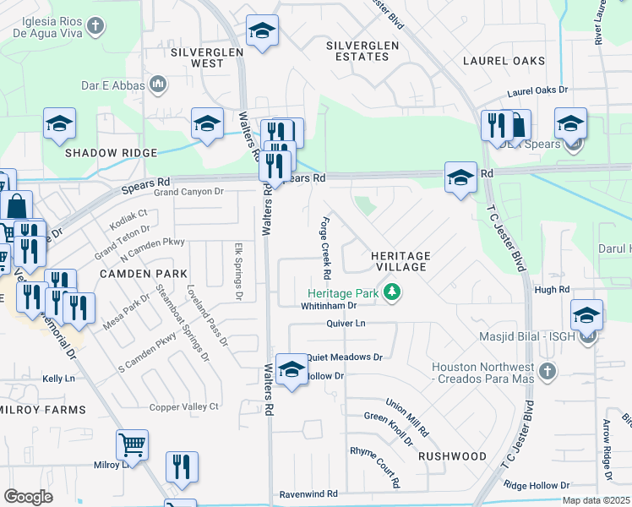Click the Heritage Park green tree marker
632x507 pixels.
[x=391, y=292]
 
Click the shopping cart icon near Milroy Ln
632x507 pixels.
[x=132, y=444]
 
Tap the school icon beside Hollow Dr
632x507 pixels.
[x=291, y=369]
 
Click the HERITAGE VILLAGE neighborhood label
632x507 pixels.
[x=401, y=260]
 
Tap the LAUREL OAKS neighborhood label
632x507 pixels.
[x=504, y=61]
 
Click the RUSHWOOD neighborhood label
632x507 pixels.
[x=452, y=456]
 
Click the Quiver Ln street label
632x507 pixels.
[x=347, y=324]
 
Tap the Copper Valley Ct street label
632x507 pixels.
[x=184, y=406]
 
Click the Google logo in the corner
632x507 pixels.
[x=28, y=497]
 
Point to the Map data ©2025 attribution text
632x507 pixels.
[x=597, y=500]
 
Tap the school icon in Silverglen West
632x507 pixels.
[x=263, y=32]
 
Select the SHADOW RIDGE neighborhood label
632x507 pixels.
[x=112, y=152]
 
